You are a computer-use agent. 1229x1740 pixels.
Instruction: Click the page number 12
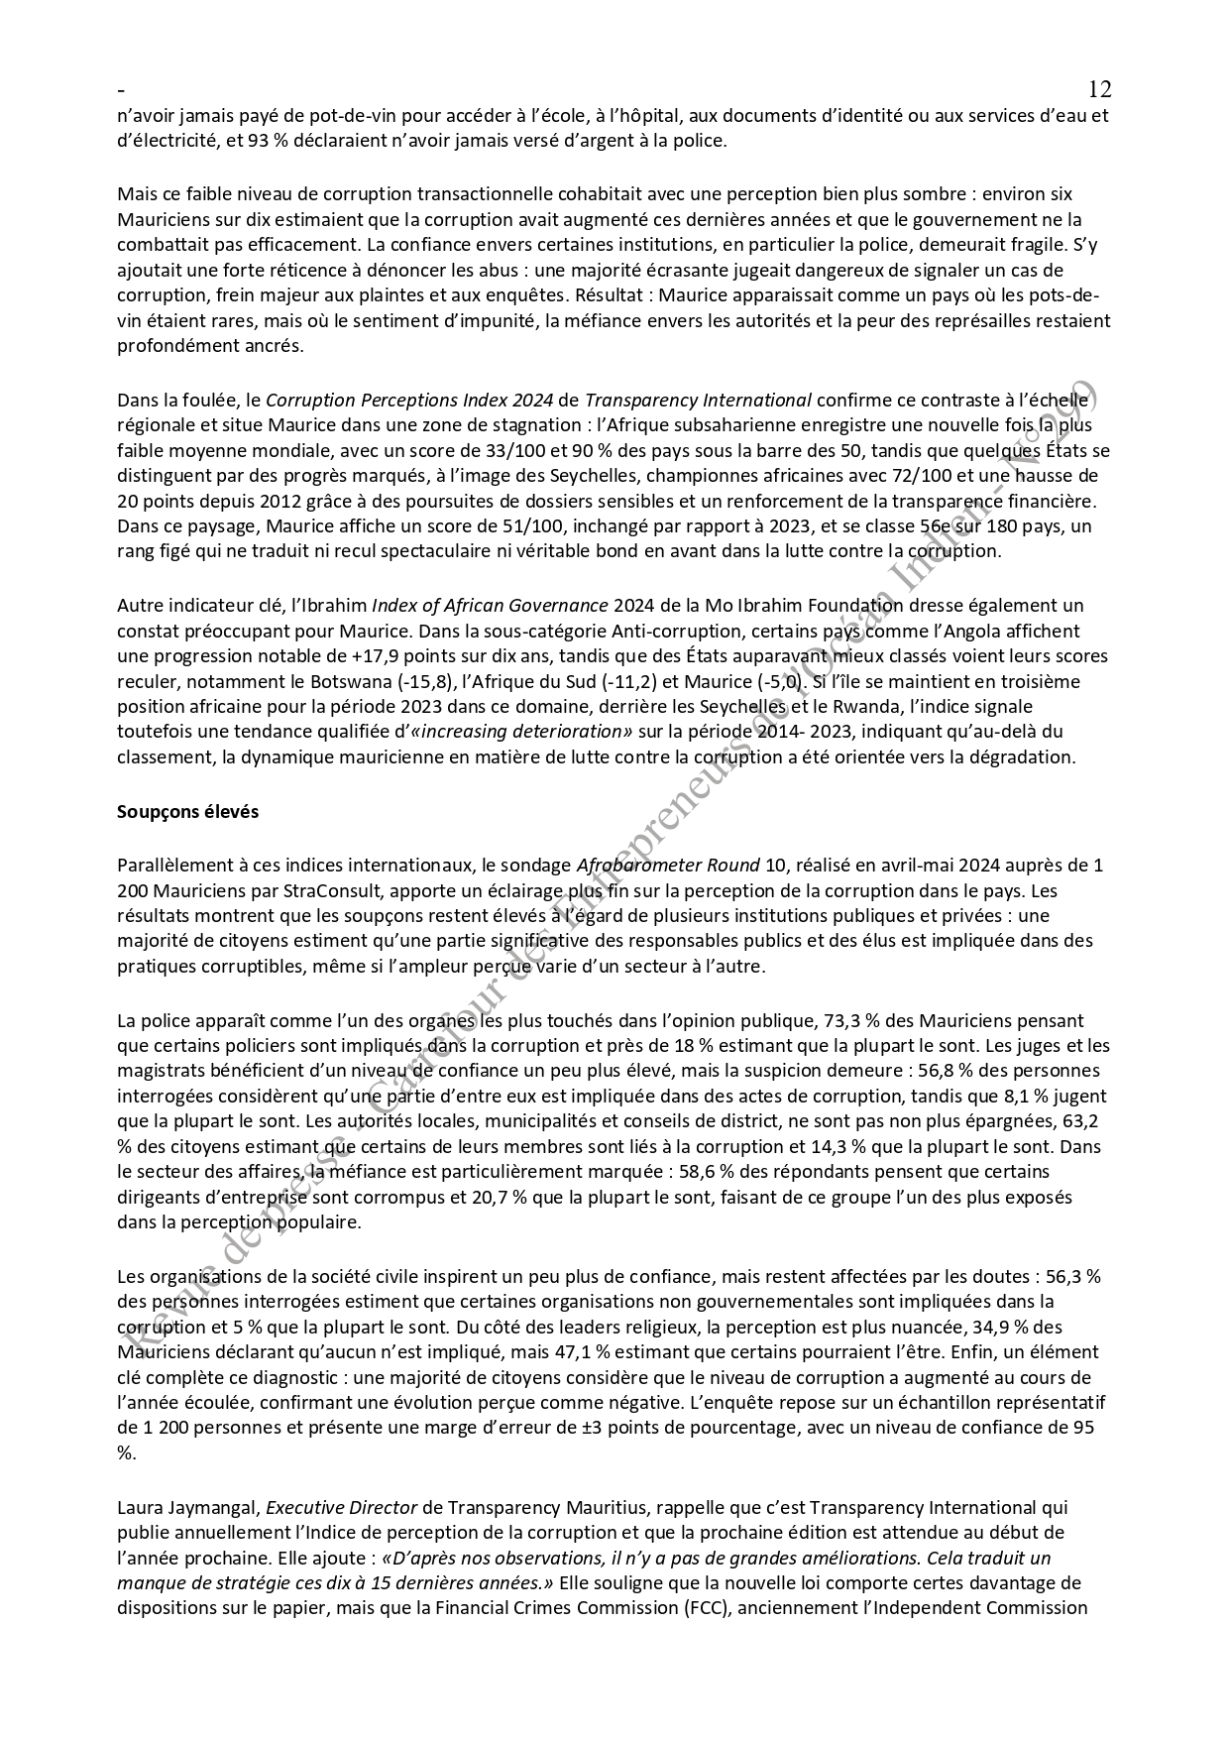[x=1099, y=89]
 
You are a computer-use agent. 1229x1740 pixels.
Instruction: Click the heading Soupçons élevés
[x=187, y=811]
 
